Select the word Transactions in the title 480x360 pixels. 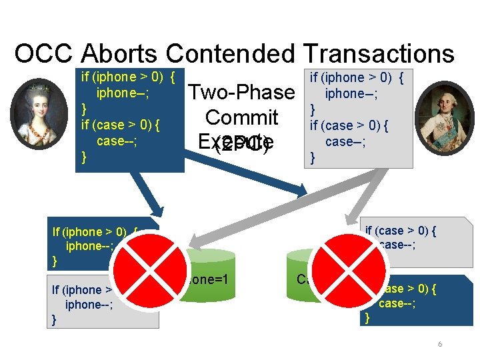(x=377, y=54)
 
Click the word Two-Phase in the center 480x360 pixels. (x=241, y=92)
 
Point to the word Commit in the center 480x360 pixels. (x=241, y=117)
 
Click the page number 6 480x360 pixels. (x=440, y=344)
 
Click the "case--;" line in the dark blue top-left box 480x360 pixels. (x=117, y=141)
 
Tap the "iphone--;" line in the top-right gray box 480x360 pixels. (x=351, y=94)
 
